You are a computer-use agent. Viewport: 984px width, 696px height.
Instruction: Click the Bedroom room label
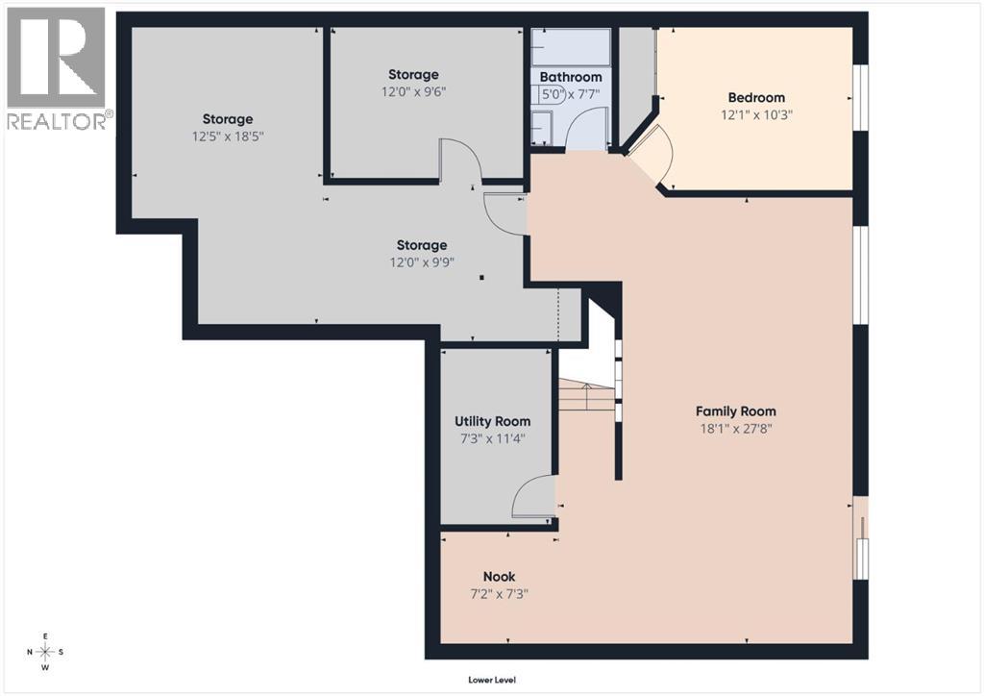tap(755, 97)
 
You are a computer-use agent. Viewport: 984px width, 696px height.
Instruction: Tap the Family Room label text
tap(737, 411)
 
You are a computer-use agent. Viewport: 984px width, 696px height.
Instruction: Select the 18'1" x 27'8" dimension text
tap(737, 429)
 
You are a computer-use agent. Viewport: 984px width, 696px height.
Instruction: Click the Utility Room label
tap(492, 421)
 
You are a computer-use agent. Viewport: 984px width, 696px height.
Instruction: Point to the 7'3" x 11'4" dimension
tap(492, 438)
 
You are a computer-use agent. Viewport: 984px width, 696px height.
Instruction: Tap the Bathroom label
tap(571, 77)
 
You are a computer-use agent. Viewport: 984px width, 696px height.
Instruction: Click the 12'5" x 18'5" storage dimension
tap(227, 137)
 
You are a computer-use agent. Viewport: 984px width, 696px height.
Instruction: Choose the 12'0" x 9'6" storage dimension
tap(413, 92)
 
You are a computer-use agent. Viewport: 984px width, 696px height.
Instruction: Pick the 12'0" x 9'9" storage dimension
tap(422, 263)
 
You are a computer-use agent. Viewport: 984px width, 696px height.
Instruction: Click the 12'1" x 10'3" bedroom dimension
tap(755, 114)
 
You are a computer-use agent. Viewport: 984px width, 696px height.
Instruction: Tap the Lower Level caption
tap(492, 680)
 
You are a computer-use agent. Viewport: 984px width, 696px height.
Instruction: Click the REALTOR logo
tap(57, 68)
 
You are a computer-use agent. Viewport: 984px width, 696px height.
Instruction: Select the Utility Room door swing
tap(533, 497)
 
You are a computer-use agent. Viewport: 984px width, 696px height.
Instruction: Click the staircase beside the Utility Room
tap(587, 394)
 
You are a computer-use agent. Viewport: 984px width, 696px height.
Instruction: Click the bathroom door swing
tap(585, 137)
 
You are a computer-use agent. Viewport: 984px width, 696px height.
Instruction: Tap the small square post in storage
tap(482, 278)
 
